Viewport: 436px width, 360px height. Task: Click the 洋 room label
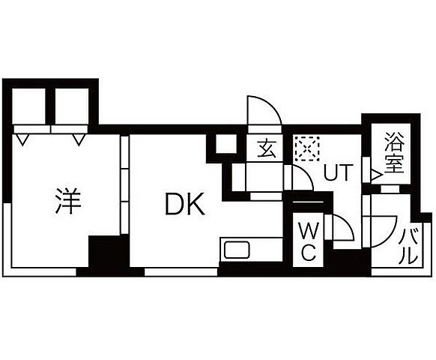click(x=68, y=201)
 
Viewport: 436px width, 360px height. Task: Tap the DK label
click(x=185, y=204)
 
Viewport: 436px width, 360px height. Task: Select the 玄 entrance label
click(x=267, y=148)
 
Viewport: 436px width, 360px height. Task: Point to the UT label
click(x=338, y=172)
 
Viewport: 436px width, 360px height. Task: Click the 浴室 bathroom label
click(x=394, y=152)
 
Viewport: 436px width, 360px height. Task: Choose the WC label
click(x=308, y=241)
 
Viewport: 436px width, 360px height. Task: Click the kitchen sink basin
click(x=237, y=250)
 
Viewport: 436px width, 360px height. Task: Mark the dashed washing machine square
click(x=307, y=148)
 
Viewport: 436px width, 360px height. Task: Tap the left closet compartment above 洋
click(x=29, y=106)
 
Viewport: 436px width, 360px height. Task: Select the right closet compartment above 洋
click(x=72, y=106)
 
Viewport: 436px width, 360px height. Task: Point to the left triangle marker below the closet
click(x=22, y=139)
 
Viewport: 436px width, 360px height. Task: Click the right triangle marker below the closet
click(x=79, y=139)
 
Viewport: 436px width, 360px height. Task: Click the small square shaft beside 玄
click(x=226, y=144)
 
